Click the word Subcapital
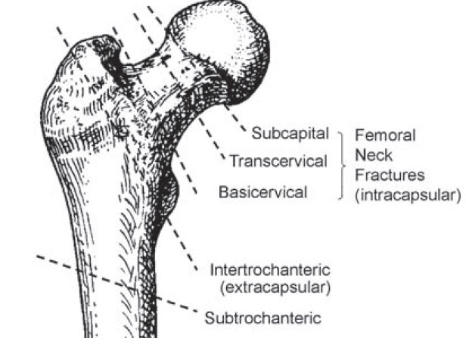(x=290, y=134)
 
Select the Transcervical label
(x=278, y=162)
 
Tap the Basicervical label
(x=263, y=192)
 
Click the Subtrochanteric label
(x=262, y=317)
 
